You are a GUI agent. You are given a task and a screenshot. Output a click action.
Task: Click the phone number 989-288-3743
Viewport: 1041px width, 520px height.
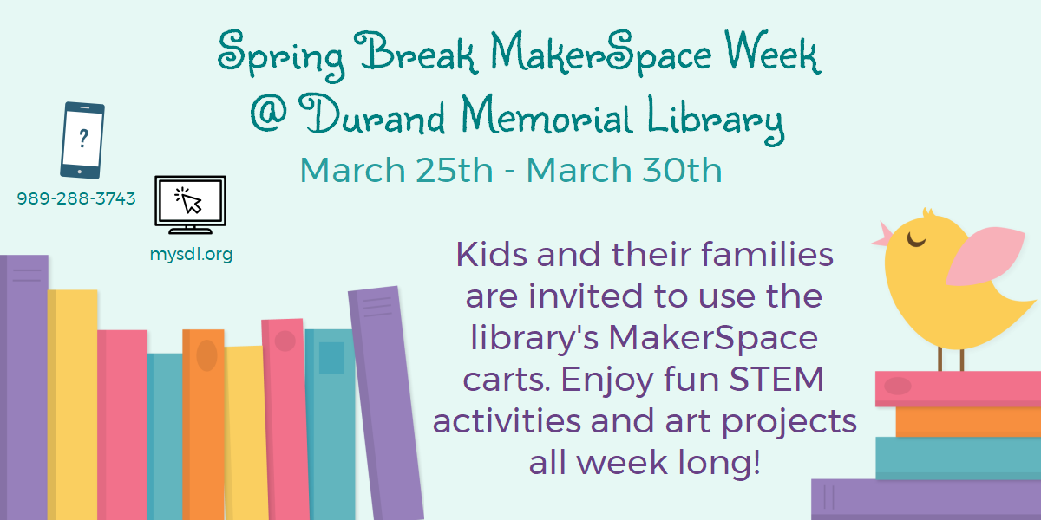tap(76, 198)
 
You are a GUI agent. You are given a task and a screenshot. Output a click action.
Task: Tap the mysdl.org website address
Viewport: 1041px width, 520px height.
tap(191, 255)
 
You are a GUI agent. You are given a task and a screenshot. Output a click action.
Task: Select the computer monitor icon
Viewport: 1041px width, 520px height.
tap(190, 205)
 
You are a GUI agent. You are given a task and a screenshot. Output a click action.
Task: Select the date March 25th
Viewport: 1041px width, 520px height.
tap(396, 170)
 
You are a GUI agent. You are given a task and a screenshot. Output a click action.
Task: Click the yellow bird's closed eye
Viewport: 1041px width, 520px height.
tap(917, 235)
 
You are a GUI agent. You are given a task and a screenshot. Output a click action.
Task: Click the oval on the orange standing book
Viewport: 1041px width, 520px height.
tap(206, 355)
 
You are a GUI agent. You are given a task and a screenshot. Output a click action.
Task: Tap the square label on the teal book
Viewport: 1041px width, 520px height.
tap(331, 357)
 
